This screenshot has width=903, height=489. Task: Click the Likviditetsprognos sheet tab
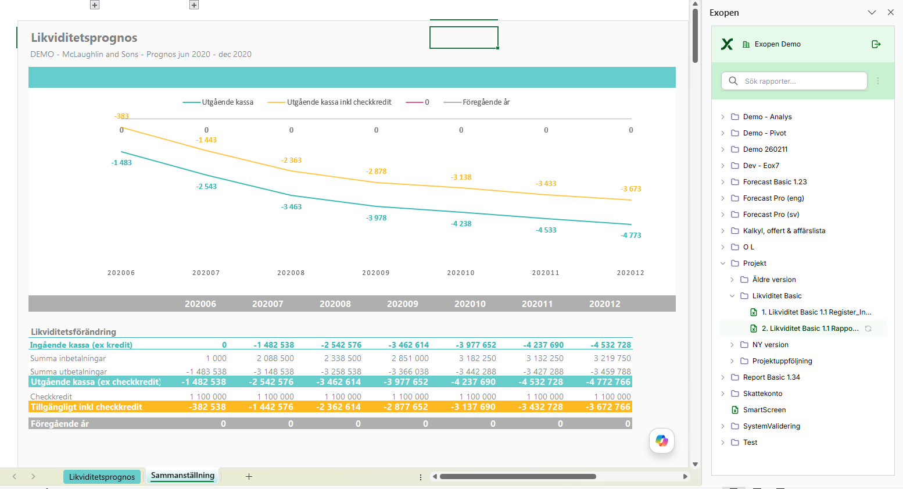pyautogui.click(x=102, y=476)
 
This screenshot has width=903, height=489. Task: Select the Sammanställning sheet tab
pyautogui.click(x=182, y=475)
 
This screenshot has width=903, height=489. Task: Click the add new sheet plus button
pyautogui.click(x=249, y=476)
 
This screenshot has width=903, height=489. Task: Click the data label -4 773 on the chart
pyautogui.click(x=630, y=235)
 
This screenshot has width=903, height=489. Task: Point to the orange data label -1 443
pyautogui.click(x=206, y=140)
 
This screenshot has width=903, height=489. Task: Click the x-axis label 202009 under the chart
pyautogui.click(x=376, y=273)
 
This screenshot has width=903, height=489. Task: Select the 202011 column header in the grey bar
pyautogui.click(x=537, y=304)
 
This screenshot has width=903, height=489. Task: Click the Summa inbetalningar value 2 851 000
pyautogui.click(x=410, y=358)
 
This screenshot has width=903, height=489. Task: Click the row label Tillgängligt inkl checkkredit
pyautogui.click(x=86, y=406)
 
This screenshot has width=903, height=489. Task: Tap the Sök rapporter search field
pyautogui.click(x=794, y=81)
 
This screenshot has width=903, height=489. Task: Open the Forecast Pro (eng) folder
pyautogui.click(x=773, y=198)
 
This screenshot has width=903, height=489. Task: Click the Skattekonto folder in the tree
pyautogui.click(x=762, y=394)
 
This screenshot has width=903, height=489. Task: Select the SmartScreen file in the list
pyautogui.click(x=764, y=409)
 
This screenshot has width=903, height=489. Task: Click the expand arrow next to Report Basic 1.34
pyautogui.click(x=723, y=377)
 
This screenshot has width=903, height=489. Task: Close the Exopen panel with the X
pyautogui.click(x=890, y=13)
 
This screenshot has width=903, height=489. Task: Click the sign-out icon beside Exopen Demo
pyautogui.click(x=876, y=44)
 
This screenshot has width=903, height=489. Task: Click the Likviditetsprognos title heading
pyautogui.click(x=84, y=38)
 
